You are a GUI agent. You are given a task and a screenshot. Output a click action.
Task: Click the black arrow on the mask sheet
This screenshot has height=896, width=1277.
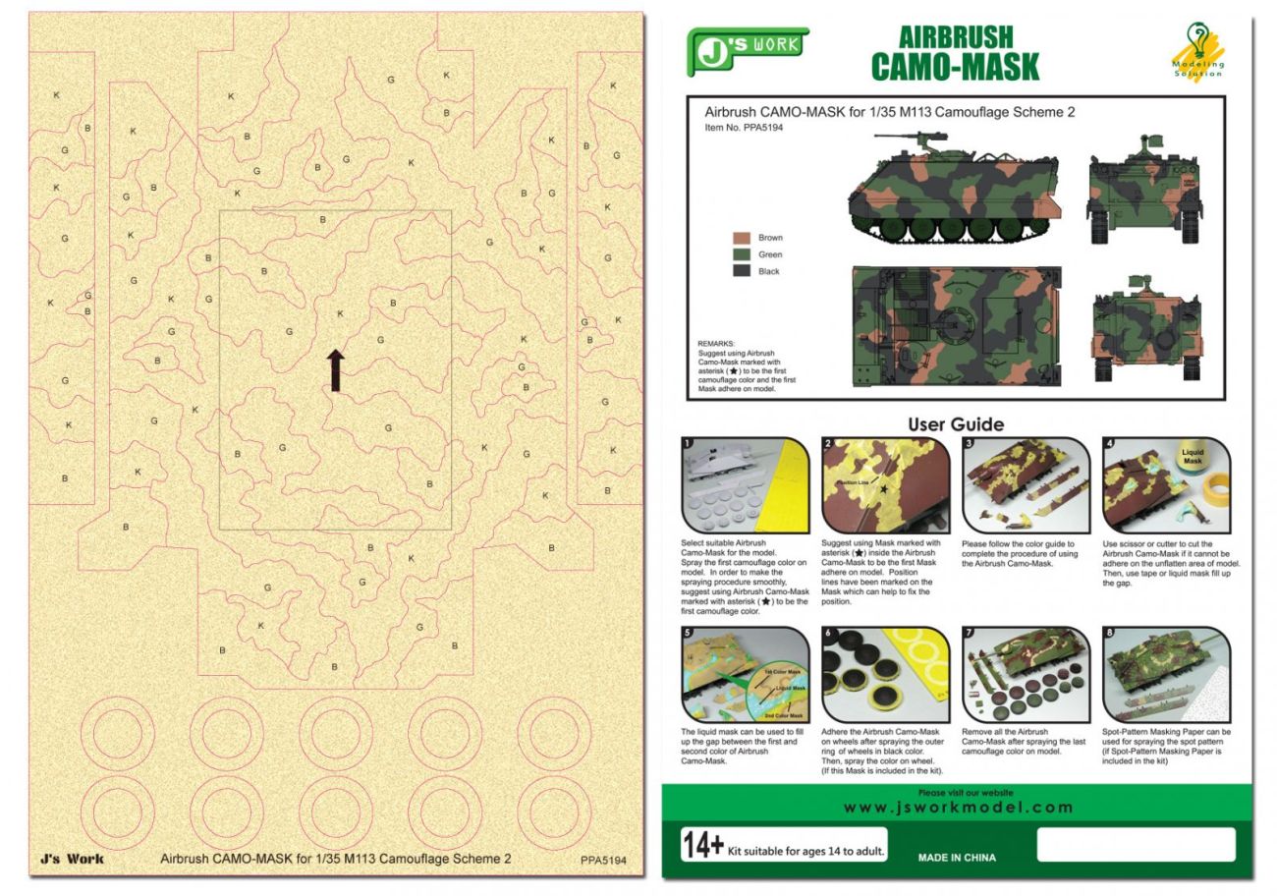pyautogui.click(x=335, y=370)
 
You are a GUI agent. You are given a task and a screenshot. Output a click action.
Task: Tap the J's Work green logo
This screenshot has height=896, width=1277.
pyautogui.click(x=747, y=50)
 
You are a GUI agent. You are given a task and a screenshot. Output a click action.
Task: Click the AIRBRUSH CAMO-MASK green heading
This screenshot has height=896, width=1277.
pyautogui.click(x=955, y=53)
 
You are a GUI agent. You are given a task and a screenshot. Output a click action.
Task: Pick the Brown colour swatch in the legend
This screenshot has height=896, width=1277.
pyautogui.click(x=743, y=238)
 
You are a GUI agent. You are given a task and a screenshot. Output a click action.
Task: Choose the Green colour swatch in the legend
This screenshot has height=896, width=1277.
pyautogui.click(x=743, y=254)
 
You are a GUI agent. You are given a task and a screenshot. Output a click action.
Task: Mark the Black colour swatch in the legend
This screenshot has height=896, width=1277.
pyautogui.click(x=743, y=271)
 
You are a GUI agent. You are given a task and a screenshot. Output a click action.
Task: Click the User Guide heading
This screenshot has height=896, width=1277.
pyautogui.click(x=955, y=424)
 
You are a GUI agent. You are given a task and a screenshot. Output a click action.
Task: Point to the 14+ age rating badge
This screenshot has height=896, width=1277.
pyautogui.click(x=703, y=845)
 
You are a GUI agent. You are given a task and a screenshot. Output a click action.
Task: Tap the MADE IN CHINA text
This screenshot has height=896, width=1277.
pyautogui.click(x=957, y=858)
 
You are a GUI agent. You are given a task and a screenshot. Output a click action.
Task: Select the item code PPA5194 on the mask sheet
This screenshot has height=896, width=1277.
pyautogui.click(x=602, y=861)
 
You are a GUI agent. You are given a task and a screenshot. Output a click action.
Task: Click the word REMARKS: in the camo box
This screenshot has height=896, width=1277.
pyautogui.click(x=716, y=343)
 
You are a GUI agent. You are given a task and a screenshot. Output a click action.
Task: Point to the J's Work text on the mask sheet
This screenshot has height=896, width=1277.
pyautogui.click(x=72, y=859)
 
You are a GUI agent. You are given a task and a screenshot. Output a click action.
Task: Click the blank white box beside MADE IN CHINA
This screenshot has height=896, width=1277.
pyautogui.click(x=1136, y=844)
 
